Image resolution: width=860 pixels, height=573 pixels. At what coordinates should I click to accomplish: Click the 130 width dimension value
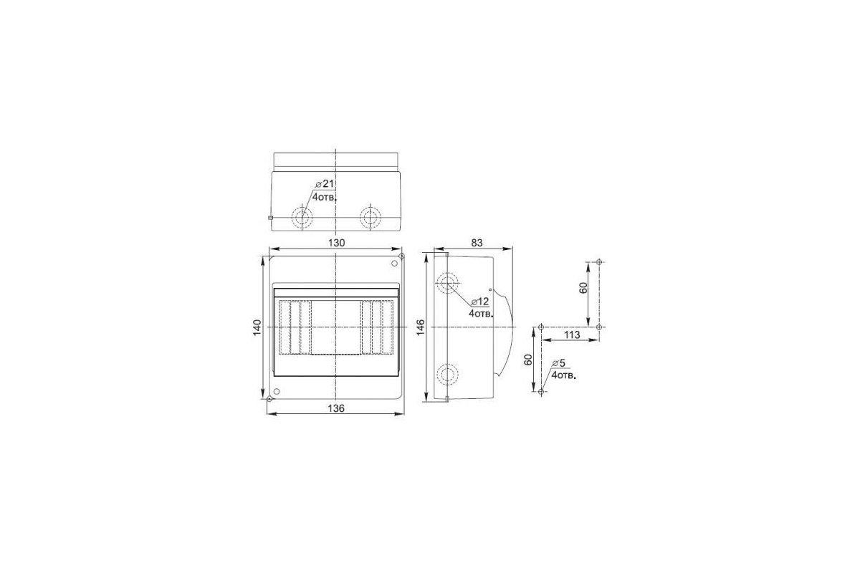click(x=336, y=243)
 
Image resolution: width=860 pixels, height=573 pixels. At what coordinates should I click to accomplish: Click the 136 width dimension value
click(x=336, y=408)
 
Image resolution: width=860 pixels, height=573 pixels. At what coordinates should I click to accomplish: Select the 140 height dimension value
click(x=257, y=327)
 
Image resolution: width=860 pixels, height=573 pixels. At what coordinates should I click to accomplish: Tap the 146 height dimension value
click(x=421, y=327)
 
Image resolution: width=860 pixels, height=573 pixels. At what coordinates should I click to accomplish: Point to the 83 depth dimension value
click(x=477, y=243)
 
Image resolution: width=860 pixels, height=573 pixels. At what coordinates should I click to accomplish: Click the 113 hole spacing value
click(x=572, y=335)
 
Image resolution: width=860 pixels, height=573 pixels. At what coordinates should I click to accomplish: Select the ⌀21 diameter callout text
click(x=325, y=184)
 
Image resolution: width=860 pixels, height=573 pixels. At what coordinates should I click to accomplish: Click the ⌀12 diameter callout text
click(x=480, y=302)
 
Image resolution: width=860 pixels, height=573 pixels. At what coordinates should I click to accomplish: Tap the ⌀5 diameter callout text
click(x=558, y=363)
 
